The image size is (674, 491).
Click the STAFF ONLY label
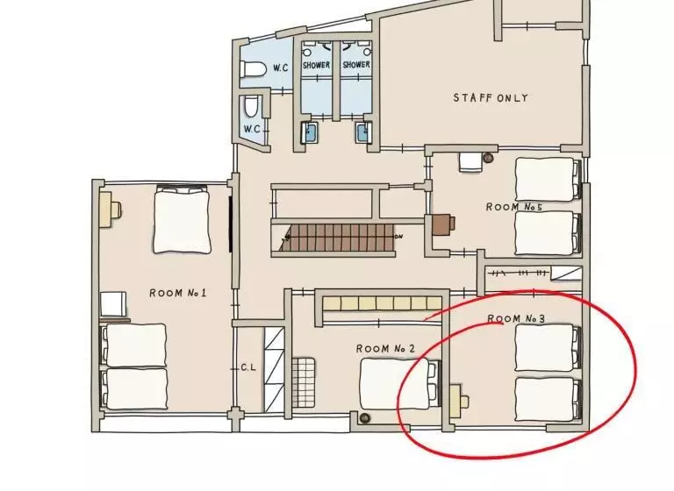point(491,98)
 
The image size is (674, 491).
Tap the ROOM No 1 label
point(178,293)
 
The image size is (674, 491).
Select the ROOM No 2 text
point(385,348)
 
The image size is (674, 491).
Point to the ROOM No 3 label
point(516,318)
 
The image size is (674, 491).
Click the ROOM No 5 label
point(514,207)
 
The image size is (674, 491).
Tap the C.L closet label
point(248,367)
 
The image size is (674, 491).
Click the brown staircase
point(340,237)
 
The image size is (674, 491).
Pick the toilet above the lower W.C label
point(251,107)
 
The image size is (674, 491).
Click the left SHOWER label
point(316,65)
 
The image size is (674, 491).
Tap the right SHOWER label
point(356,65)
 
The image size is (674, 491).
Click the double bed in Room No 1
point(182,219)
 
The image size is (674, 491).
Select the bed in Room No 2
point(400,383)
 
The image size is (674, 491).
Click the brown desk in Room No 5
point(442,224)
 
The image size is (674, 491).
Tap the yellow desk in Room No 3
point(458,402)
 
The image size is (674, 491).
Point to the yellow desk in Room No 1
point(110,210)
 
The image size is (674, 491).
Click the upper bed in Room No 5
point(548,179)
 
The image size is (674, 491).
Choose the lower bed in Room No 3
point(548,400)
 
